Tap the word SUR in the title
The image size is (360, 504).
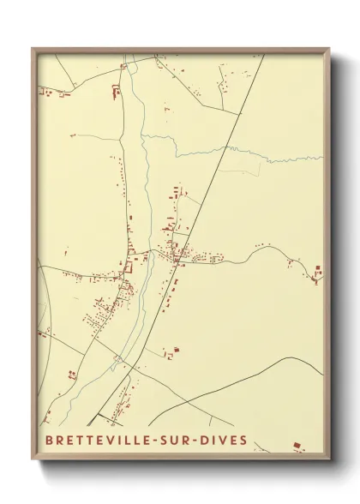183,441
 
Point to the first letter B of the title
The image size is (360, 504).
43,441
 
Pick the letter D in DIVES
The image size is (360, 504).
210,441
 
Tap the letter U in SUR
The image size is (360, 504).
183,441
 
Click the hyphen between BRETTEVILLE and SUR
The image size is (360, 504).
161,441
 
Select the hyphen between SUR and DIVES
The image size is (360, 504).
201,441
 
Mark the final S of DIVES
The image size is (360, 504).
244,441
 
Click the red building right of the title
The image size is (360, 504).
297,445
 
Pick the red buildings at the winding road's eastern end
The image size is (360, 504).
317,274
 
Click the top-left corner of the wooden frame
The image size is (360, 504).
33,49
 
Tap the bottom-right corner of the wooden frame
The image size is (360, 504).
329,459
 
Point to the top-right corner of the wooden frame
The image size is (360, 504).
329,49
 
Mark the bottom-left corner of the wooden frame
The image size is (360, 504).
33,459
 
